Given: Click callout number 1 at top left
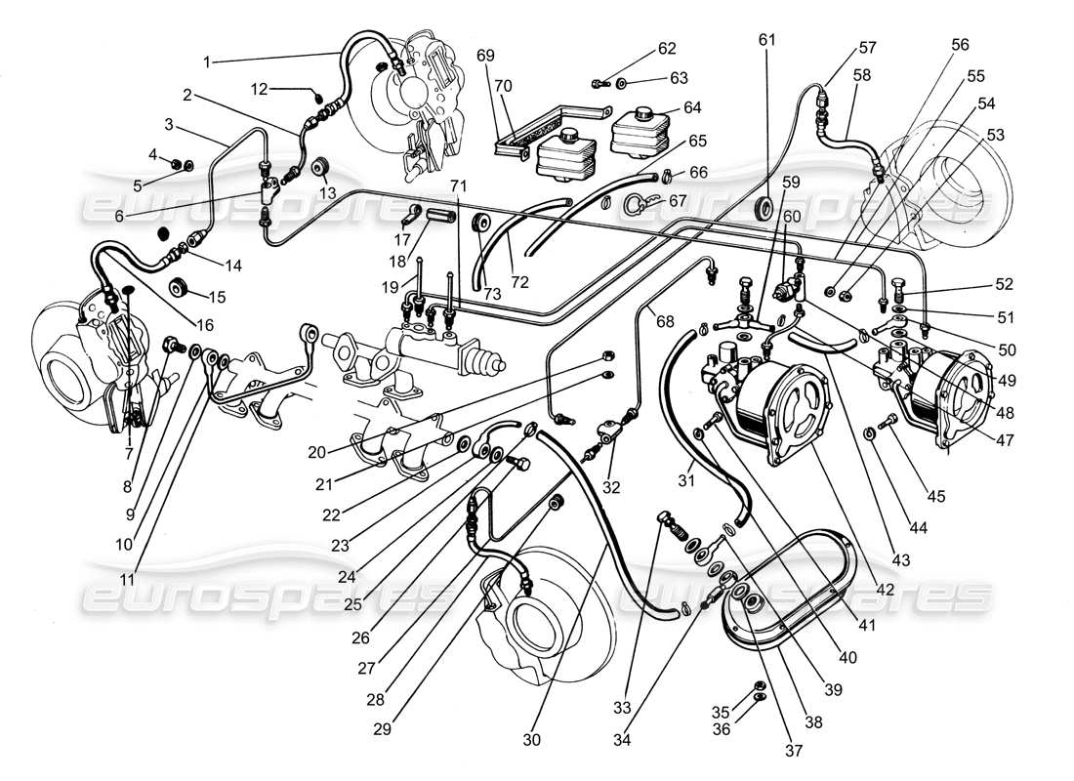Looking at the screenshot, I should (x=207, y=62).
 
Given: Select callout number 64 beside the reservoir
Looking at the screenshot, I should (x=666, y=106).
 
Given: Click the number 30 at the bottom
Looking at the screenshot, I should (x=531, y=740).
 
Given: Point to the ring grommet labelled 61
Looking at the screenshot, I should (x=766, y=208).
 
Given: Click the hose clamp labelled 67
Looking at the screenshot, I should (x=637, y=203).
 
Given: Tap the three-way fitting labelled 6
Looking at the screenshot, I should (x=267, y=192).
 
